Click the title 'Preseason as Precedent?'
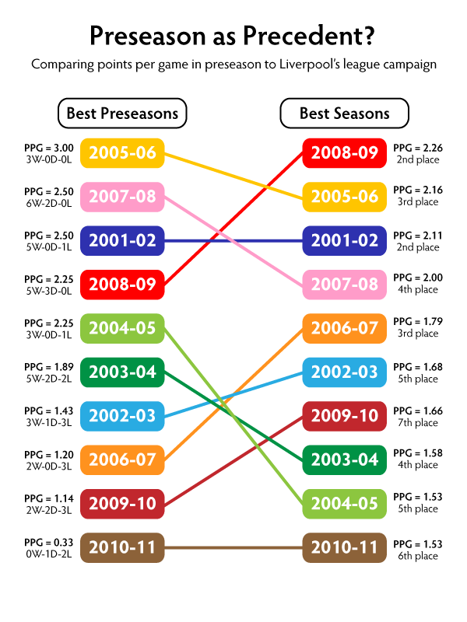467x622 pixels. (233, 35)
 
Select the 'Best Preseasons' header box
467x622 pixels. (122, 114)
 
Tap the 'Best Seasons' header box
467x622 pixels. (344, 114)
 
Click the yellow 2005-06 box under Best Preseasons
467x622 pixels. (122, 152)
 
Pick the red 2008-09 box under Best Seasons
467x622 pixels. (344, 152)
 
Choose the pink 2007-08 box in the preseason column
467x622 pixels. (122, 197)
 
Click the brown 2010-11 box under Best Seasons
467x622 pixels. (344, 547)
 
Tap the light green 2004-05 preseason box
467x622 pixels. (122, 328)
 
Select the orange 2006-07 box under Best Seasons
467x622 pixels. (344, 328)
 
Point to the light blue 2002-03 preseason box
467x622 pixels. (122, 416)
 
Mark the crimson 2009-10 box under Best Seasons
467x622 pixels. (344, 416)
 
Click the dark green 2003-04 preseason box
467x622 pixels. (122, 372)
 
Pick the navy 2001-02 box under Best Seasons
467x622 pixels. (344, 240)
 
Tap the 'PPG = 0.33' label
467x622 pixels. (48, 543)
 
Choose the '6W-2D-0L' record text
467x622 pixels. (48, 204)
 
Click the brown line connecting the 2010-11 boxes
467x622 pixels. (233, 547)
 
